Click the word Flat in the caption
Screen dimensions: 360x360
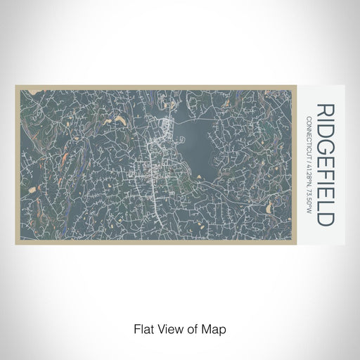(x=143, y=327)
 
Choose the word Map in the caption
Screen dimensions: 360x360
(x=213, y=327)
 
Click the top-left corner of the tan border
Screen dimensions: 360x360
(x=15, y=86)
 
